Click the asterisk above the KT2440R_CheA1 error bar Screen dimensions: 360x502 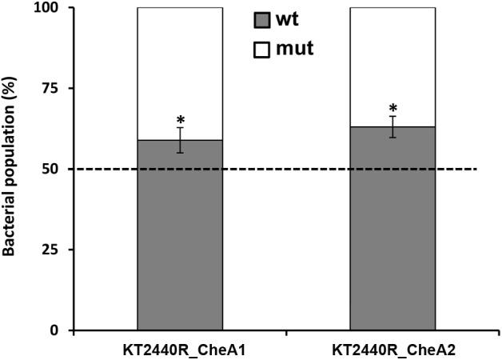coord(181,118)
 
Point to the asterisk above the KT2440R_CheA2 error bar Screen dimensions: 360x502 coord(392,108)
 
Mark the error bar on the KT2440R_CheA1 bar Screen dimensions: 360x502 coord(181,140)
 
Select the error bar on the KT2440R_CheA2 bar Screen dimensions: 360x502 coord(392,126)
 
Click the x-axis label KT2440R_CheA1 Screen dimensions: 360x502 coord(181,350)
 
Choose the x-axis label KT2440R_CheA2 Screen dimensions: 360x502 coord(392,350)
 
